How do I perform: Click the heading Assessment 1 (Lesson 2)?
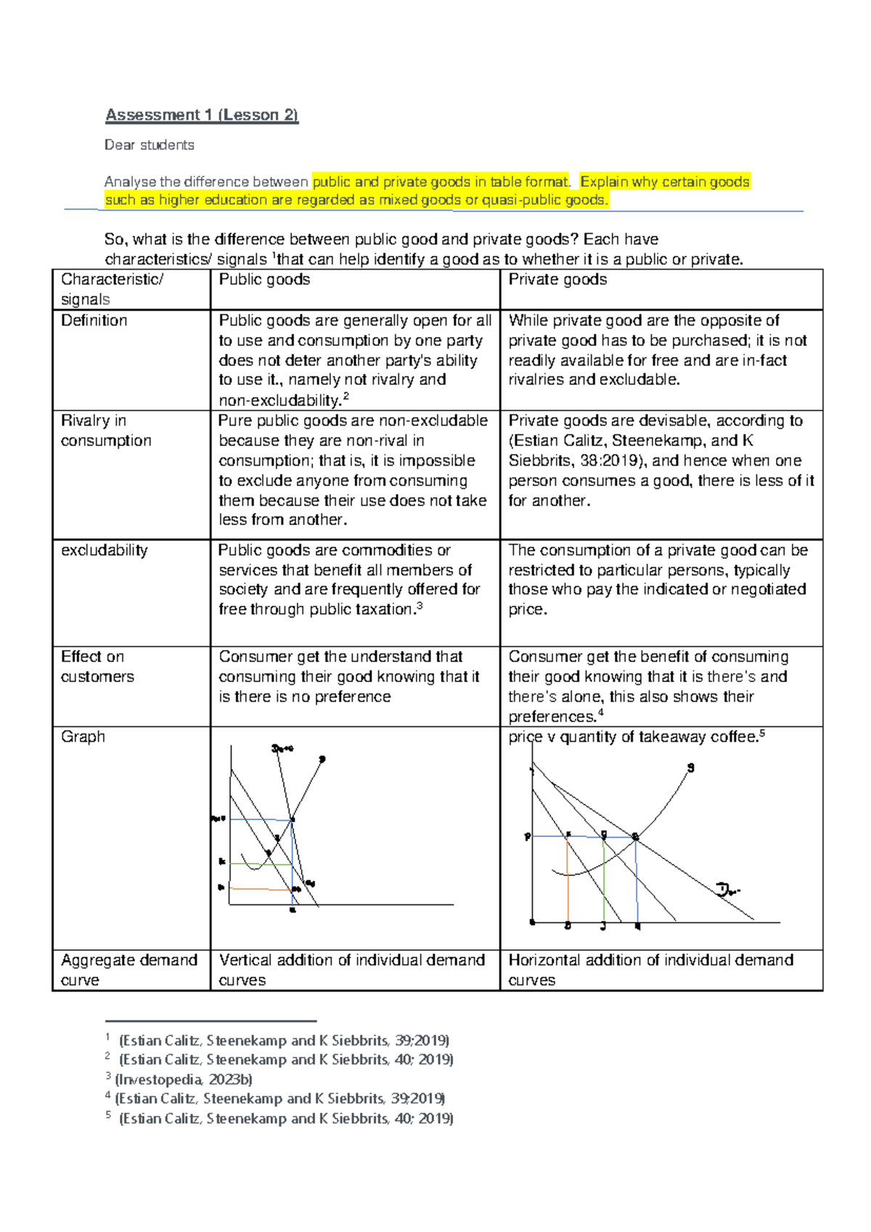[x=202, y=115]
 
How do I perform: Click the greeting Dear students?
[x=149, y=145]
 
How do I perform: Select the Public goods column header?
[x=264, y=280]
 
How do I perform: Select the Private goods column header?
[x=557, y=280]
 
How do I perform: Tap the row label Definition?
[x=94, y=320]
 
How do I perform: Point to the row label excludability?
[x=104, y=550]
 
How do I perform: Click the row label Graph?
[x=83, y=737]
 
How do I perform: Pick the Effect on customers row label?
[x=97, y=666]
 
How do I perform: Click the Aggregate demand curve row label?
[x=128, y=970]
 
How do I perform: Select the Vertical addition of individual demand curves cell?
[x=351, y=970]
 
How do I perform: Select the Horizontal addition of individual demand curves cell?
[x=650, y=970]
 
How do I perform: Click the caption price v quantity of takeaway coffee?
[x=632, y=737]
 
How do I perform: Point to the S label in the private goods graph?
[x=690, y=768]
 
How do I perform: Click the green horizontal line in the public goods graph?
[x=261, y=864]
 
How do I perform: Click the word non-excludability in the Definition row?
[x=279, y=400]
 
